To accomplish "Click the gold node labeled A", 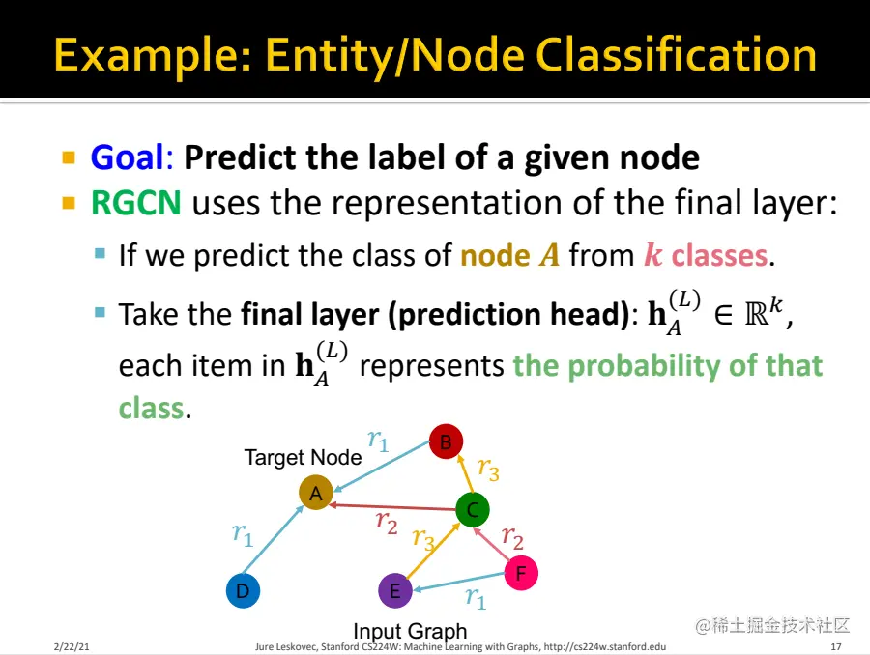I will (x=315, y=493).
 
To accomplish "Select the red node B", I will (x=446, y=442).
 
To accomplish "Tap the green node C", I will (x=472, y=509).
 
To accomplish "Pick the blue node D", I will (x=243, y=590).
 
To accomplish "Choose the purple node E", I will (x=394, y=590).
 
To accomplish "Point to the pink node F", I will (x=520, y=574).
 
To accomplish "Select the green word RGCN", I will (x=135, y=204).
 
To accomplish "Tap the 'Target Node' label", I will (x=303, y=458).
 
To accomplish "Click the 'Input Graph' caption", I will (x=410, y=632).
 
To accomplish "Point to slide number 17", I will (x=836, y=645).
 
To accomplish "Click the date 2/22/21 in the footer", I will (x=72, y=645).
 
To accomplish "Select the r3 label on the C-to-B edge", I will (x=488, y=470).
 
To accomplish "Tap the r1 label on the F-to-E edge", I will (x=475, y=598).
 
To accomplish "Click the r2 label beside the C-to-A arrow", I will (x=387, y=522).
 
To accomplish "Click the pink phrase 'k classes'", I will (x=706, y=256).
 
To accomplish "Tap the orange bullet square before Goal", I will (x=69, y=157).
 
